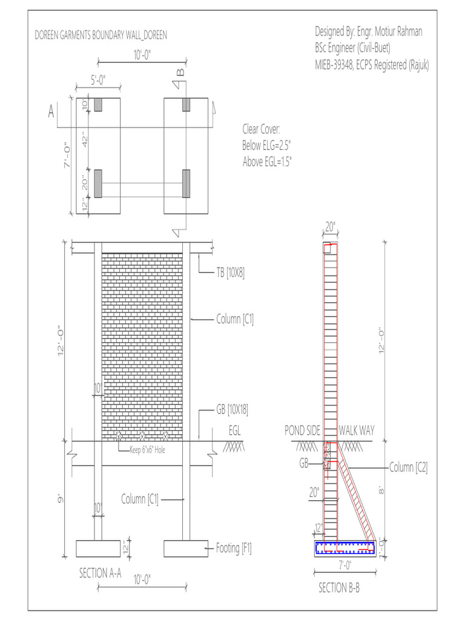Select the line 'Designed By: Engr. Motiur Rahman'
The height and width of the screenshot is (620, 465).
(369, 31)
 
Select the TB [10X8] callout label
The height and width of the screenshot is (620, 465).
(230, 273)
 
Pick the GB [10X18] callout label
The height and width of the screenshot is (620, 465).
(232, 410)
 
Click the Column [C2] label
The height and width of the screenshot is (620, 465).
(408, 467)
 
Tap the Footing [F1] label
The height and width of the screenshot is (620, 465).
(234, 549)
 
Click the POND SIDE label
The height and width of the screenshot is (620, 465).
(303, 430)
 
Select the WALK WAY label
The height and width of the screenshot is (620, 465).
(356, 430)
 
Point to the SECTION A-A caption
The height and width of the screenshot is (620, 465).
(101, 573)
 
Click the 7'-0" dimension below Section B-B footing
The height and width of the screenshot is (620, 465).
(345, 566)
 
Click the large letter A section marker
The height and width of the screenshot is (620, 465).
(51, 113)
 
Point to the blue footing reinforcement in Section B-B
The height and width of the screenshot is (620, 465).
(345, 549)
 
